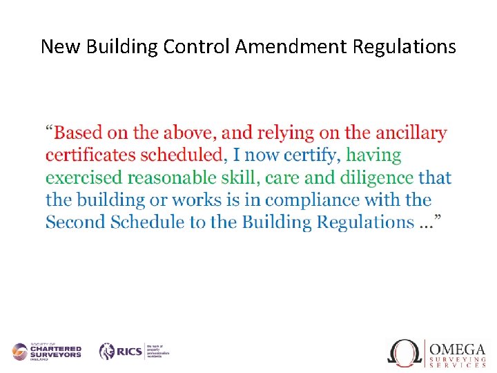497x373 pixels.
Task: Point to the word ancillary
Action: click(411, 133)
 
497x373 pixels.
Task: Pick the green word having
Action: click(373, 155)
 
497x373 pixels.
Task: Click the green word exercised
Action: click(84, 178)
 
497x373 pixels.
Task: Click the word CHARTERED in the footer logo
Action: click(55, 350)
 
